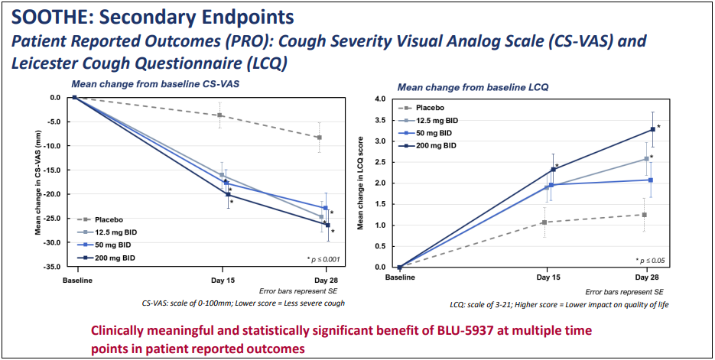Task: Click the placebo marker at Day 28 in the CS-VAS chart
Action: pyautogui.click(x=319, y=138)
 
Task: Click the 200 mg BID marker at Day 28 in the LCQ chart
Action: pyautogui.click(x=652, y=129)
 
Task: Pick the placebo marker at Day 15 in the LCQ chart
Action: pyautogui.click(x=544, y=222)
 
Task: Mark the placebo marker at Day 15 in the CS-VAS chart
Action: pyautogui.click(x=220, y=115)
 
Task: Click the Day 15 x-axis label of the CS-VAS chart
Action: pyautogui.click(x=222, y=280)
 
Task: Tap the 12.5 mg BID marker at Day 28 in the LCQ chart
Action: pyautogui.click(x=646, y=159)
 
